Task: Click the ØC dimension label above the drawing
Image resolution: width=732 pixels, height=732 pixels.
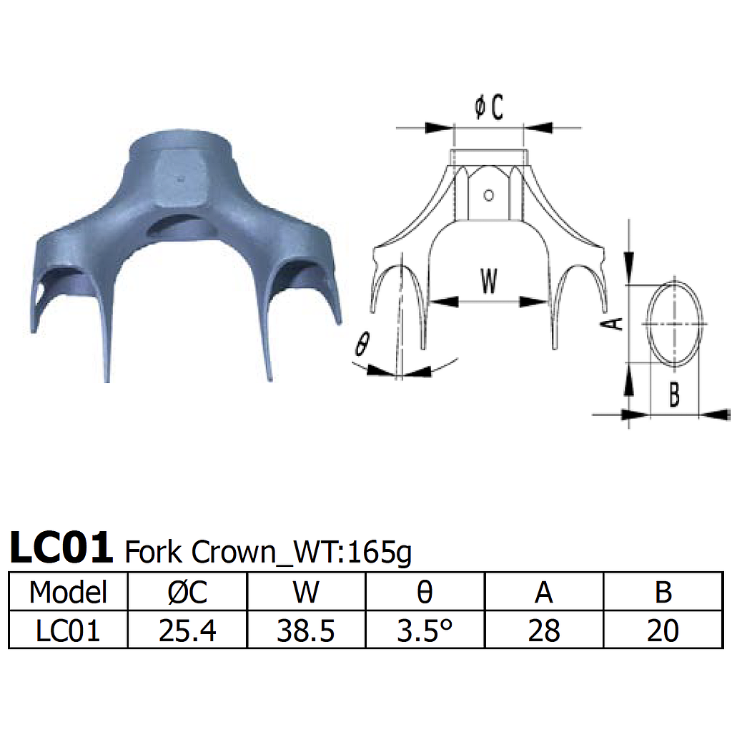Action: (489, 108)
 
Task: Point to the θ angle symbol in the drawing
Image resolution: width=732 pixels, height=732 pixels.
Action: (362, 345)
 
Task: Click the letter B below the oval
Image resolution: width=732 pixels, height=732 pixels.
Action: (673, 394)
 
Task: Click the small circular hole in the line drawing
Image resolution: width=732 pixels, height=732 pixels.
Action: (489, 194)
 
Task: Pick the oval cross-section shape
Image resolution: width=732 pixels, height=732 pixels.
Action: (676, 324)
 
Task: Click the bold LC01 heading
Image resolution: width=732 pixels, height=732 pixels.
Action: (61, 548)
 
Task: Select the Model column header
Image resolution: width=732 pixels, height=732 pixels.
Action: (68, 592)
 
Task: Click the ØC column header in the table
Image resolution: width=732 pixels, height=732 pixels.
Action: (187, 592)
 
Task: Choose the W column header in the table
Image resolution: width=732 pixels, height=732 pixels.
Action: (306, 592)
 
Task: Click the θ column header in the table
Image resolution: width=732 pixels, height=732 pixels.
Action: (425, 592)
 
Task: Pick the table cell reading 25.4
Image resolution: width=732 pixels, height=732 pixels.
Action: (187, 630)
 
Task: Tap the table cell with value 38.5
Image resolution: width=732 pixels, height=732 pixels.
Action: (306, 630)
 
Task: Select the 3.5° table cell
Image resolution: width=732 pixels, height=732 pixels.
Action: (425, 630)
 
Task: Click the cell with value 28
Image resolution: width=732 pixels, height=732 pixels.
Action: (543, 630)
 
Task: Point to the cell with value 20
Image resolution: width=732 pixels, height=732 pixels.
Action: (662, 630)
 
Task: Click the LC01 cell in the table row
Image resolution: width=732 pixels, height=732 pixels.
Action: (68, 630)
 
